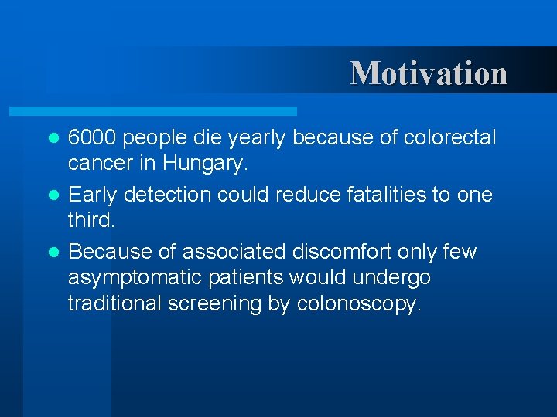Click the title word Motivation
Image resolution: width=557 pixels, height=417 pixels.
pos(429,73)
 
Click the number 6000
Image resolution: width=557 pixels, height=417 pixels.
pos(92,137)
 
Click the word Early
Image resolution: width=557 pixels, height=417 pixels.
pos(91,195)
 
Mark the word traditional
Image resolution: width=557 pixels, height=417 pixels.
pos(114,303)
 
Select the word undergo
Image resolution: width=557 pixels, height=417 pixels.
pos(390,278)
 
